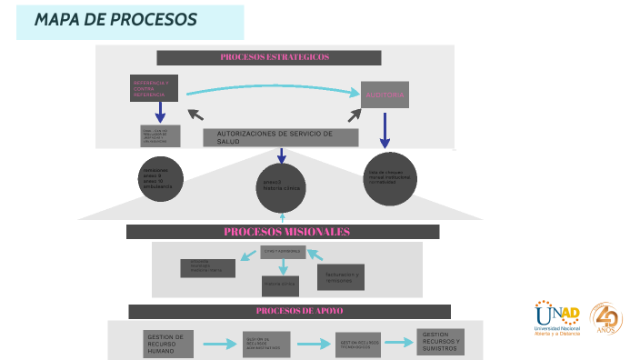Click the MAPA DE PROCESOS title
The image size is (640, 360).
[x=115, y=20]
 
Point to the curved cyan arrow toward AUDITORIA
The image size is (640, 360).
[x=273, y=85]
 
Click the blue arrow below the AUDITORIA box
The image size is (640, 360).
[x=385, y=130]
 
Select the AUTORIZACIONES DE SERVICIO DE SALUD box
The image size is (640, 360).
[x=275, y=137]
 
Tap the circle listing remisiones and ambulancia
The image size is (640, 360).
[x=161, y=179]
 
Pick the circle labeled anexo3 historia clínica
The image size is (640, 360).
[x=281, y=186]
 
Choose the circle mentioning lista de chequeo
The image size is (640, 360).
[x=388, y=178]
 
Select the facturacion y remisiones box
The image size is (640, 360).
[x=340, y=276]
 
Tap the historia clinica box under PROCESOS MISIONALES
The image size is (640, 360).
[x=282, y=285]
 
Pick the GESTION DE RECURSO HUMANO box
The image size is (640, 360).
[x=170, y=344]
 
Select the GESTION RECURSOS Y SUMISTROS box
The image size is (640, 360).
[x=440, y=342]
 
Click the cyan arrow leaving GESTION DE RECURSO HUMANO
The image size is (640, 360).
[x=219, y=345]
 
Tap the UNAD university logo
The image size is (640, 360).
[x=557, y=318]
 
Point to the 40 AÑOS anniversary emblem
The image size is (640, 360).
[x=605, y=318]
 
